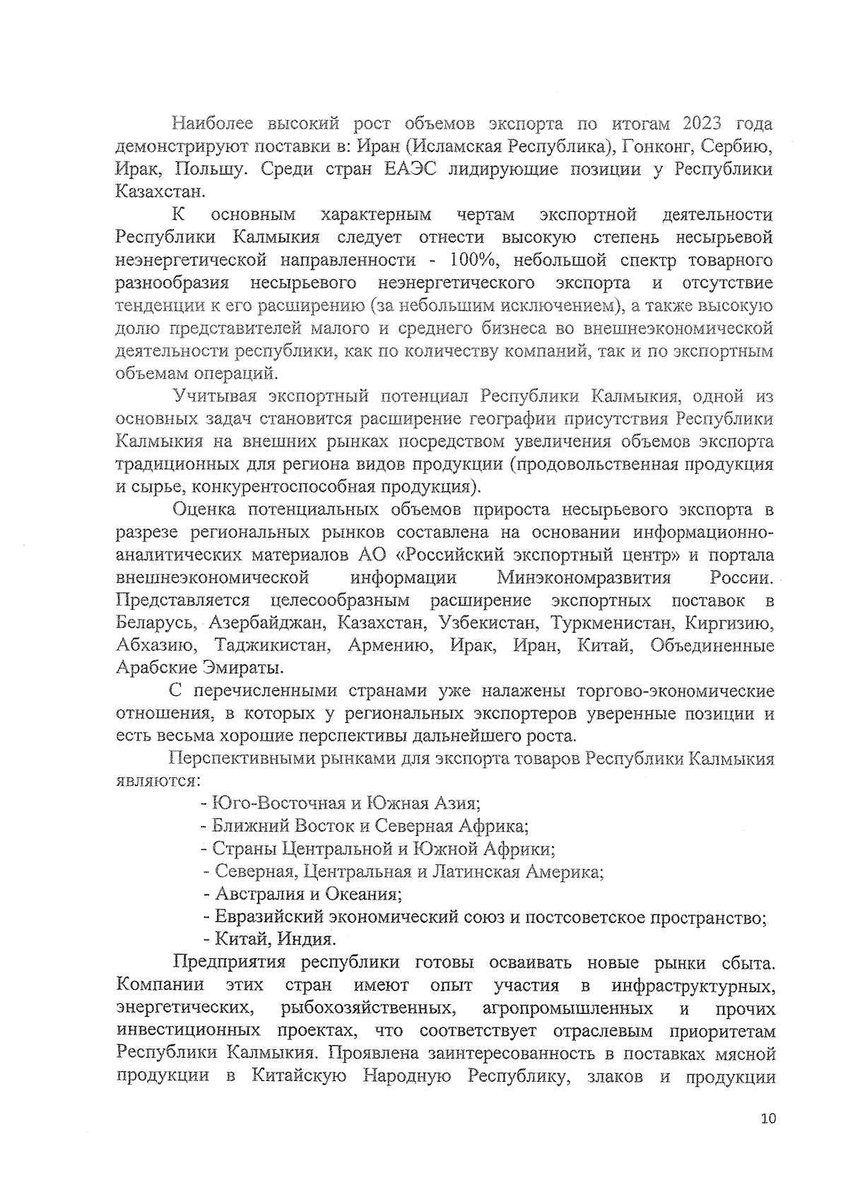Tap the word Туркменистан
tap(612, 624)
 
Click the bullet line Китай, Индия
tap(269, 940)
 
